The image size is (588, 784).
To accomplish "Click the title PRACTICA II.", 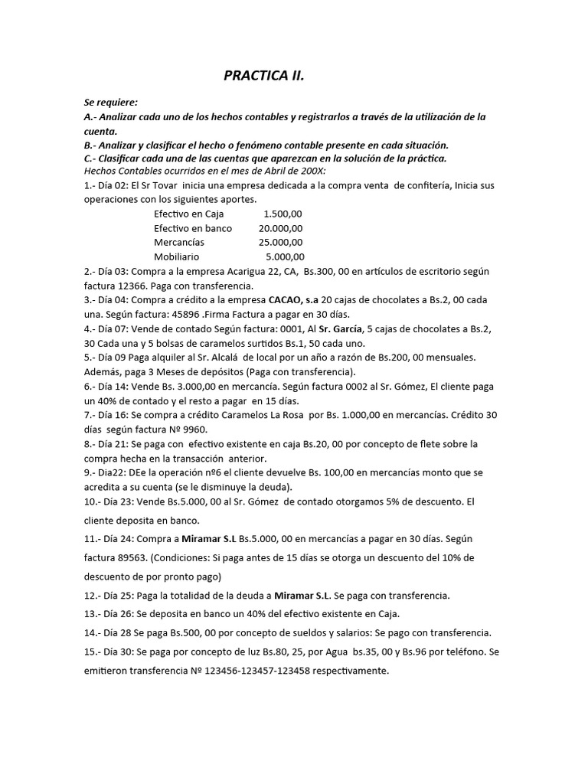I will (x=263, y=76).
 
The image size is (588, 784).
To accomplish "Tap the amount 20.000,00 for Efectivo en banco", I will (x=280, y=228).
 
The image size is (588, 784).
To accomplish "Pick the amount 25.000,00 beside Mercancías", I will (x=280, y=243).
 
